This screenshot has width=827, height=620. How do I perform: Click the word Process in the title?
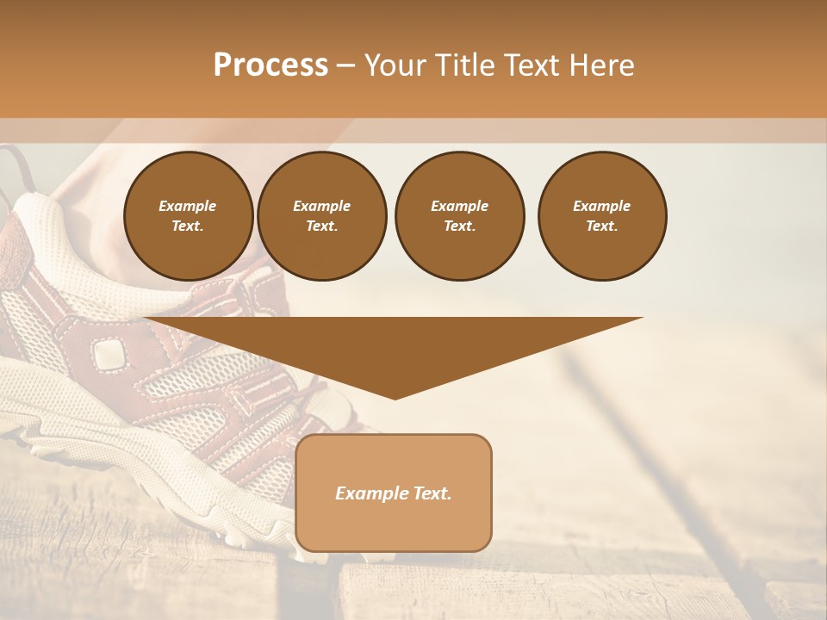(270, 65)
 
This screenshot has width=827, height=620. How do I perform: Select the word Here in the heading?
(601, 65)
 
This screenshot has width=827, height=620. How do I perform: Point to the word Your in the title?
(395, 65)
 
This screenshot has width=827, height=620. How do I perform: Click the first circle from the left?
(188, 216)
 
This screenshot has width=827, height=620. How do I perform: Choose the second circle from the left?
(321, 216)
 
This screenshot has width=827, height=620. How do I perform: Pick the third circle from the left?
(459, 216)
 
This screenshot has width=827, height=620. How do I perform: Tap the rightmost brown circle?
(601, 216)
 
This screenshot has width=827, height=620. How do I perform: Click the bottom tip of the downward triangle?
(395, 397)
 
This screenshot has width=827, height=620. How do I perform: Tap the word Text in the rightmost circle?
(601, 226)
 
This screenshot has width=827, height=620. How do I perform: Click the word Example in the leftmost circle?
(188, 206)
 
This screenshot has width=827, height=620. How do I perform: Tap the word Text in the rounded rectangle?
(432, 493)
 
